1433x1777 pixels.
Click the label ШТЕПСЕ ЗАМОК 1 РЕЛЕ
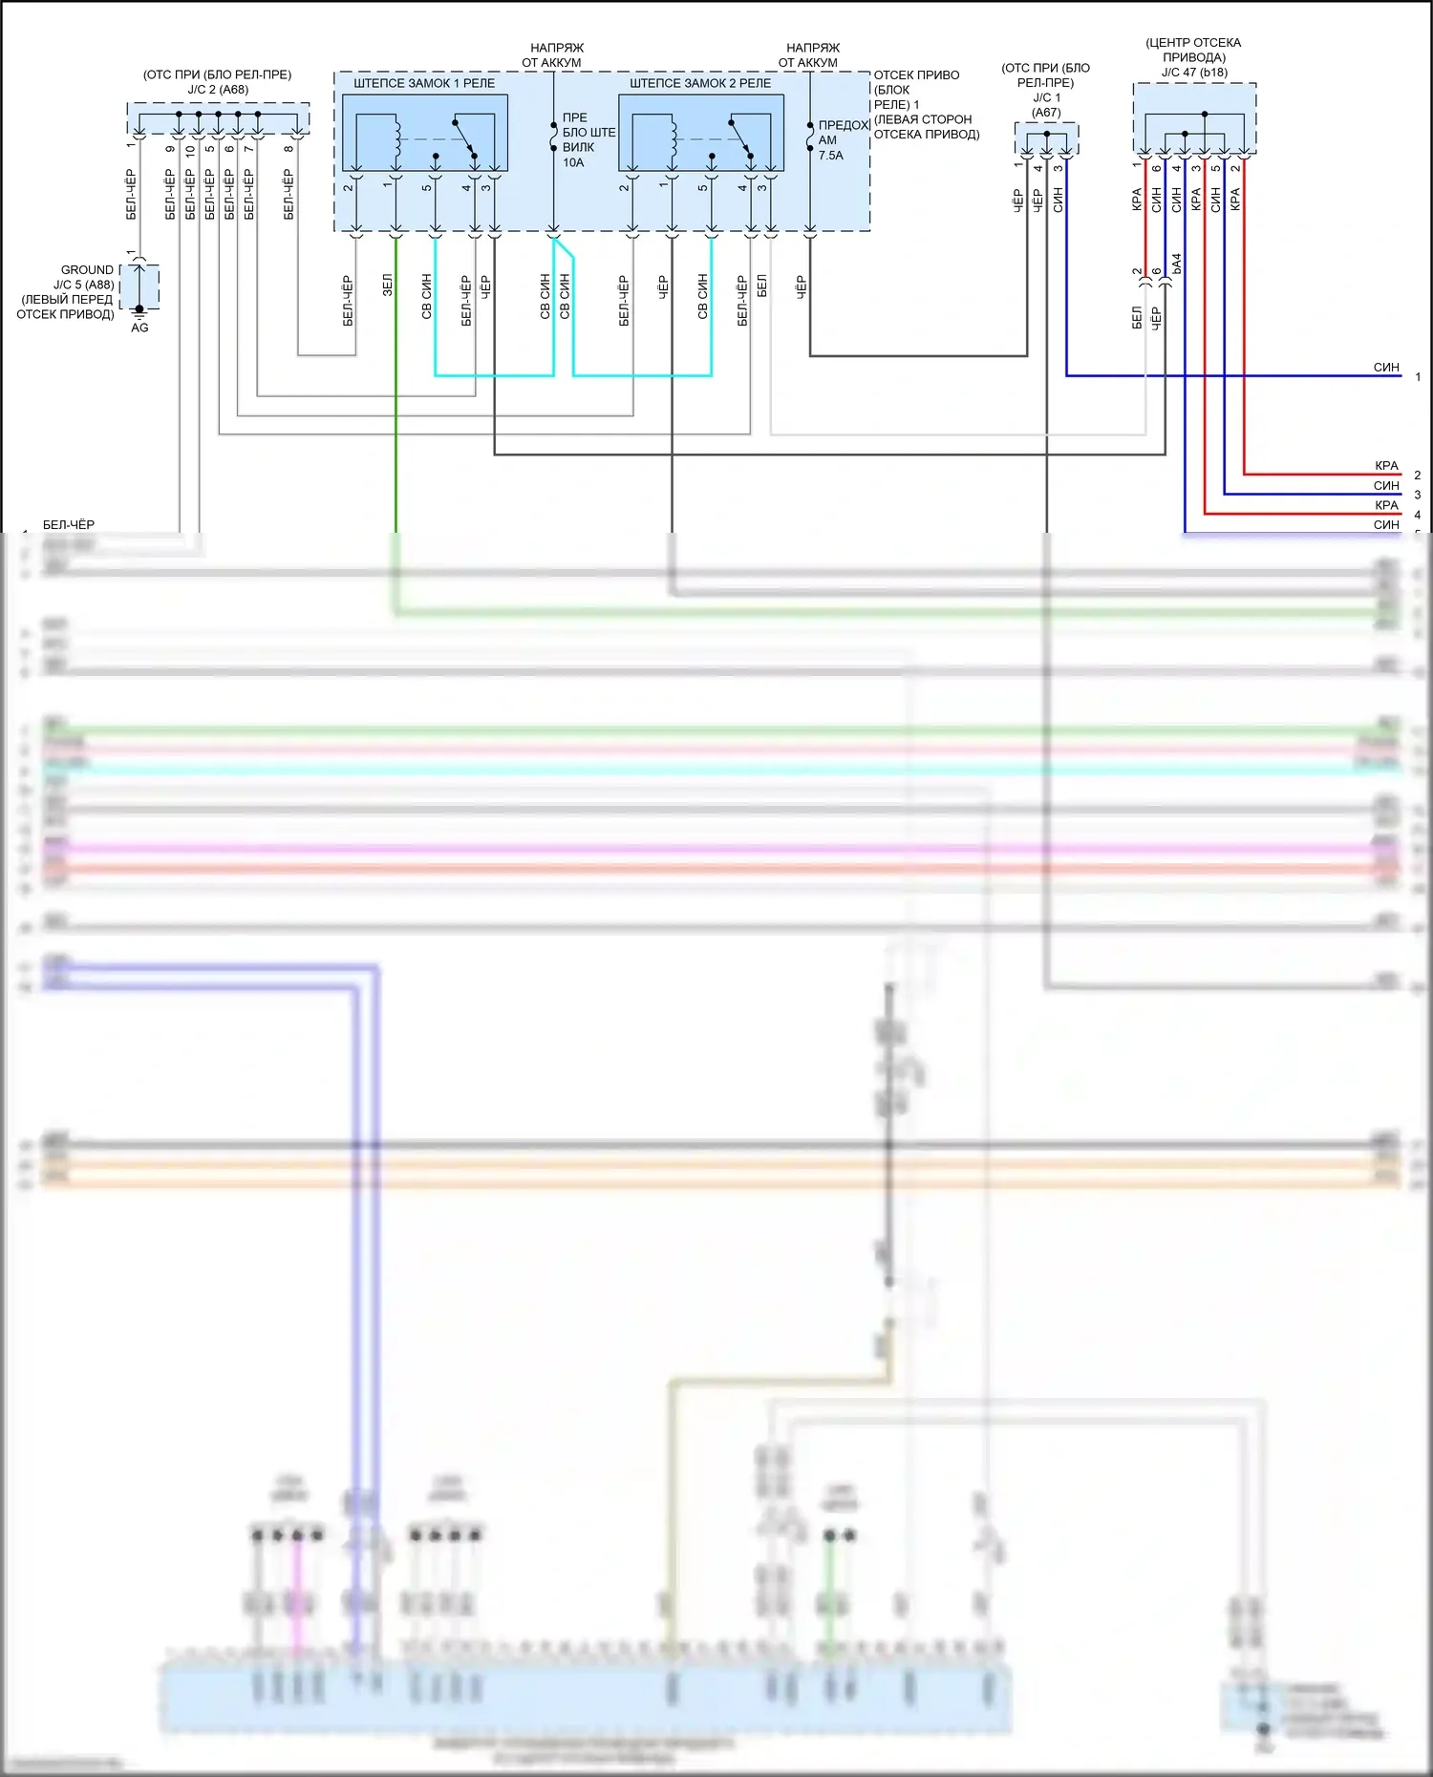click(424, 83)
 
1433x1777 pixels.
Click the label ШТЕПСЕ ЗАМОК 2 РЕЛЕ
click(700, 83)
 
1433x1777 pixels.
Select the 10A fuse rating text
click(573, 163)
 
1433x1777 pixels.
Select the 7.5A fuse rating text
click(830, 156)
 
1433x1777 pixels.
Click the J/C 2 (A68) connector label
click(218, 90)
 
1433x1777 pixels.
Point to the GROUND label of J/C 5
click(87, 270)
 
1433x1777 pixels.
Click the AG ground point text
click(139, 328)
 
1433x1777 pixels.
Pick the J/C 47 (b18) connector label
click(1194, 73)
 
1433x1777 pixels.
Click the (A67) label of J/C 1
click(1046, 113)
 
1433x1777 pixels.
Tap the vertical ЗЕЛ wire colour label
click(388, 285)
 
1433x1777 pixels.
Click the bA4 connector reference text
click(1177, 264)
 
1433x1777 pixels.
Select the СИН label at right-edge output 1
click(1385, 368)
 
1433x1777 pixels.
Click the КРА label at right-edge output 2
click(1385, 466)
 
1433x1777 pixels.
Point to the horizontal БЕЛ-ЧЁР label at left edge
click(69, 524)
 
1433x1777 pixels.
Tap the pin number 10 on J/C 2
click(190, 150)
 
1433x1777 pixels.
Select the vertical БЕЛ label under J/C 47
click(1137, 317)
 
